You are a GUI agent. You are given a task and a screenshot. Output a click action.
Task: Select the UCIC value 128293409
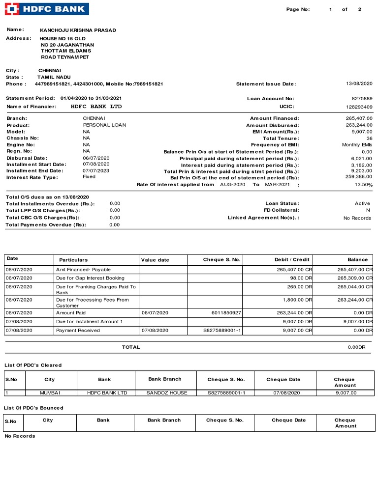point(359,107)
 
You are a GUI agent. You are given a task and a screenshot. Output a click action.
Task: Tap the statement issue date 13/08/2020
point(359,84)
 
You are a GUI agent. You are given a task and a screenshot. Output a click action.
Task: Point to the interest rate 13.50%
point(364,185)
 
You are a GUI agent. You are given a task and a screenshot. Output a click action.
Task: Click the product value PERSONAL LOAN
point(104,125)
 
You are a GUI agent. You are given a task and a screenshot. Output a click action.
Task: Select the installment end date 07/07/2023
point(96,170)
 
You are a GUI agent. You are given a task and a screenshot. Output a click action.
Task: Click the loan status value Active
point(362,203)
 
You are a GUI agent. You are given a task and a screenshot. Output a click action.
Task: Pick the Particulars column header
point(73,260)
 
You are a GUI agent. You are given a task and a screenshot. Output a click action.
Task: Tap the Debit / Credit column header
point(292,260)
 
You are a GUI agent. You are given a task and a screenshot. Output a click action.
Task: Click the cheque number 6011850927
point(226,313)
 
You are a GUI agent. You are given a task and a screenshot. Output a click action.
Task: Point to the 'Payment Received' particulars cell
point(78,331)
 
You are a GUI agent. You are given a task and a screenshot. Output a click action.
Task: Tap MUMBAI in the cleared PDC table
point(50,393)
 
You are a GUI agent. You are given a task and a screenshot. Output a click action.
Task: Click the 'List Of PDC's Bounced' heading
point(33,408)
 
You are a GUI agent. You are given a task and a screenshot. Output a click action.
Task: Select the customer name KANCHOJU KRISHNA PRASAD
point(78,30)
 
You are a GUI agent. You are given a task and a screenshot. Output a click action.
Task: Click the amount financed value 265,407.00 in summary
point(359,118)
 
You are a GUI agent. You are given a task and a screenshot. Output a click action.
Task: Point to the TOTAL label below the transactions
point(131,347)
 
